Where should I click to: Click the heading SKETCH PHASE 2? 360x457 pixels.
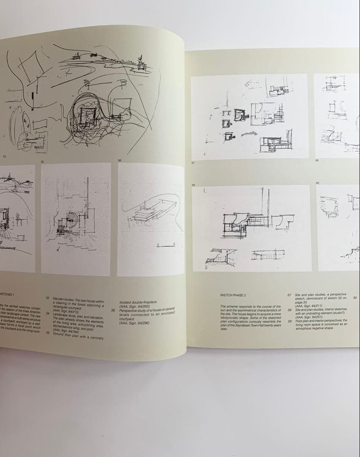233,295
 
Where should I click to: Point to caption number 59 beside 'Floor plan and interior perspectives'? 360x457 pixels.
289,320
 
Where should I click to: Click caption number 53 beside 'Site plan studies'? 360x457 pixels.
48,298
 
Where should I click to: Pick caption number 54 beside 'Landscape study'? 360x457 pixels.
48,314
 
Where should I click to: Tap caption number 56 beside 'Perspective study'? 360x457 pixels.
113,310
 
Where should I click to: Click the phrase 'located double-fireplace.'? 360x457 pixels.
138,302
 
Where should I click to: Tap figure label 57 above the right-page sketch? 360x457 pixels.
193,162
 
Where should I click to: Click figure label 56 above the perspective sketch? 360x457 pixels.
120,160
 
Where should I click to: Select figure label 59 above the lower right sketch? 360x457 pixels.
194,185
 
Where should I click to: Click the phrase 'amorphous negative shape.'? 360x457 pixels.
314,328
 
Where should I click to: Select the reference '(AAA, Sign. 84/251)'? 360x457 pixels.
309,317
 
